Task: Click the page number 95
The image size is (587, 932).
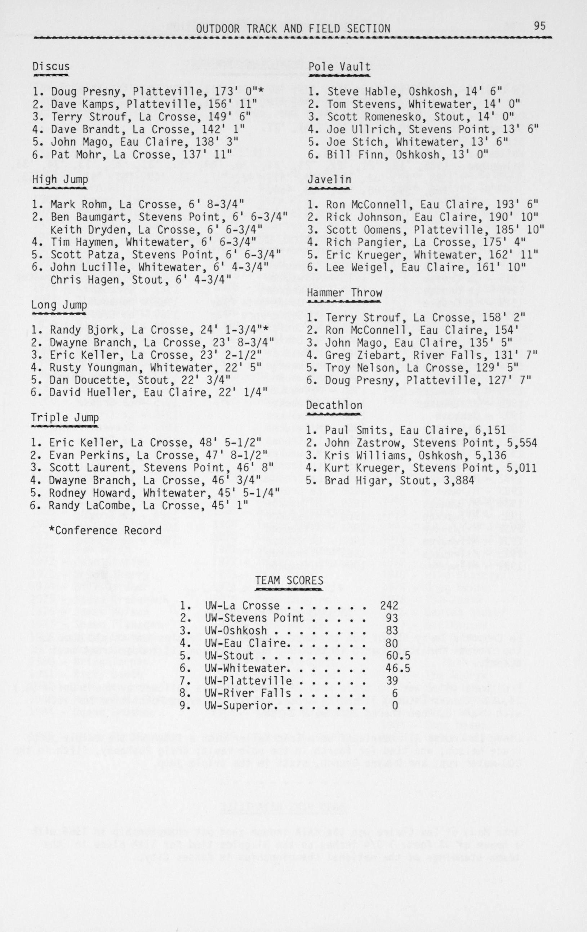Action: (539, 26)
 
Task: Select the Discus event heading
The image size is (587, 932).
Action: (51, 67)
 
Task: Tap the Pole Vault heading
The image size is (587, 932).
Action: (339, 67)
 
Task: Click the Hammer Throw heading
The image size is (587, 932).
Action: (344, 293)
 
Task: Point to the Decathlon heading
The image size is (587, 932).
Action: (334, 405)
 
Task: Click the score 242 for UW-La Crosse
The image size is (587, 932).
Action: (389, 606)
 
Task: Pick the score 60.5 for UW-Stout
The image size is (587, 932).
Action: (398, 656)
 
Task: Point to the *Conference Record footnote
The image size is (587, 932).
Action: (105, 530)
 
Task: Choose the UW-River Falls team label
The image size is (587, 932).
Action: (243, 693)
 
